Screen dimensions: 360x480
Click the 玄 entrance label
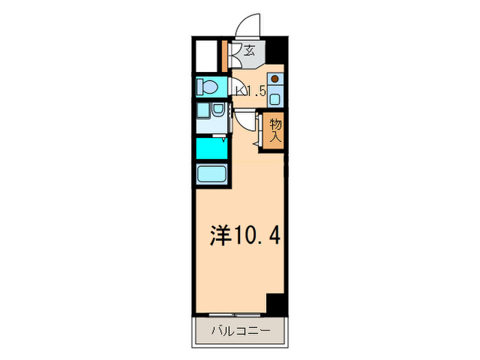point(250,50)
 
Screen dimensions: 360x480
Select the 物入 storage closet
point(275,131)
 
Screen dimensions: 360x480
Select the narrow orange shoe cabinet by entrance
point(227,56)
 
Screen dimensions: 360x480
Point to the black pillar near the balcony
point(275,302)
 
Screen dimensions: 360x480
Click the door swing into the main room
point(244,123)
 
